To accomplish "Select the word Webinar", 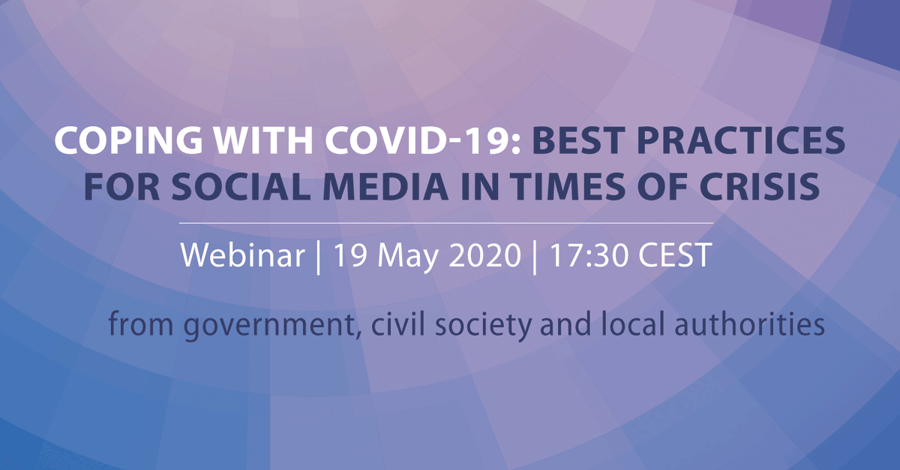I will [x=241, y=255].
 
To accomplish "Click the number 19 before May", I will [x=351, y=255].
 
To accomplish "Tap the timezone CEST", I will [x=673, y=255].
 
